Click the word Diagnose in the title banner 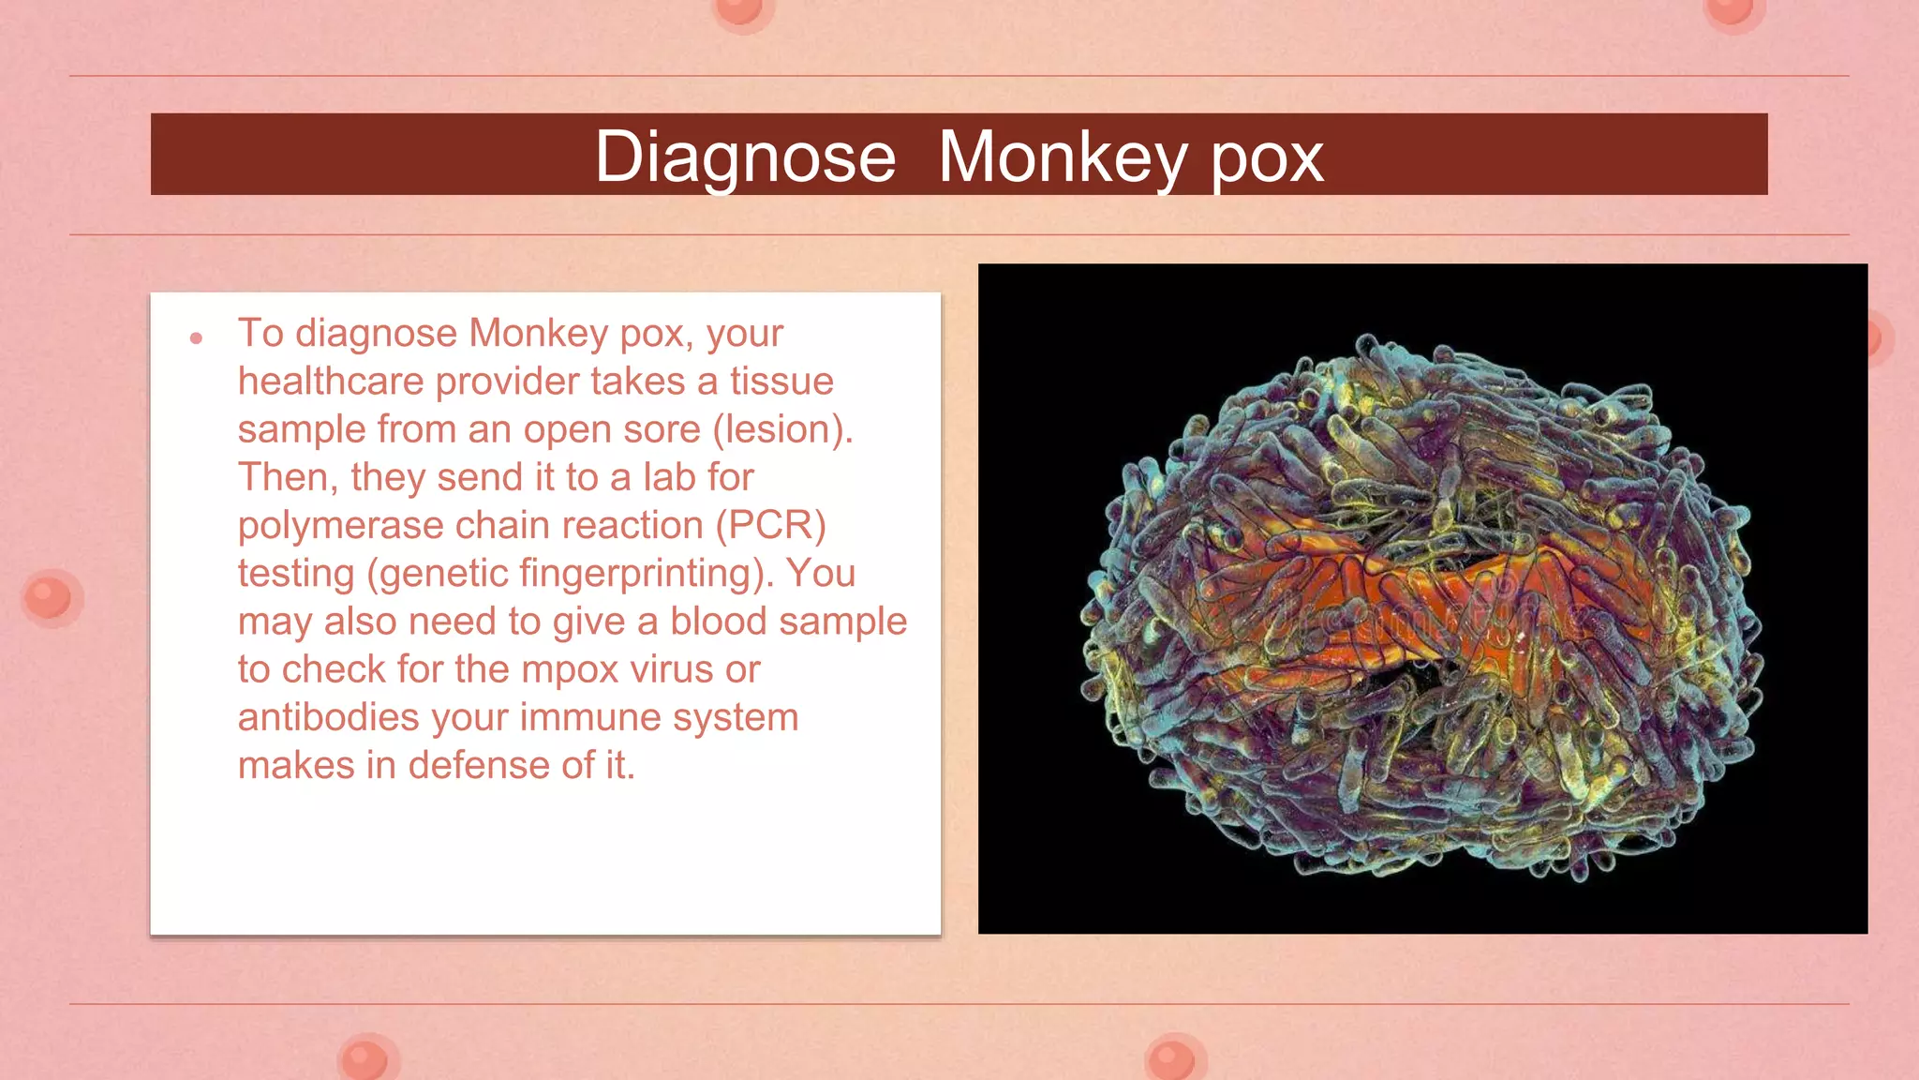tap(745, 157)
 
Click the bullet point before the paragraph tap(196, 337)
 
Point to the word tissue tap(781, 382)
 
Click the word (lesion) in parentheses tap(781, 429)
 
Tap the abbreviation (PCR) tap(770, 526)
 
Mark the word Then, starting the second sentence tap(288, 478)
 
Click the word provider tap(507, 382)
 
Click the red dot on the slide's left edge tap(49, 597)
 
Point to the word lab tap(668, 478)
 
